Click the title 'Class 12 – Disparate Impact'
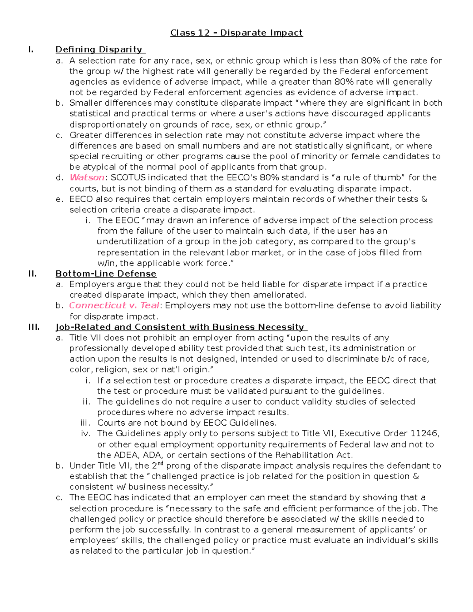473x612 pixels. coord(236,33)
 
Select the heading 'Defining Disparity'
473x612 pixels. coord(100,50)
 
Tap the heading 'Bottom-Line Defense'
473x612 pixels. coord(106,273)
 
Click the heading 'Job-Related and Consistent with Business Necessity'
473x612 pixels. coord(181,327)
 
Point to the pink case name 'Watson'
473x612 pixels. coord(87,177)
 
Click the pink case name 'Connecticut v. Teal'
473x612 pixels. coord(114,305)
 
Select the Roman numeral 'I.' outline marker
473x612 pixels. coord(31,50)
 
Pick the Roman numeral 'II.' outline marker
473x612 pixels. coord(32,273)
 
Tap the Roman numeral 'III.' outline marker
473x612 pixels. coord(34,327)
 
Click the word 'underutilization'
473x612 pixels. coord(127,242)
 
